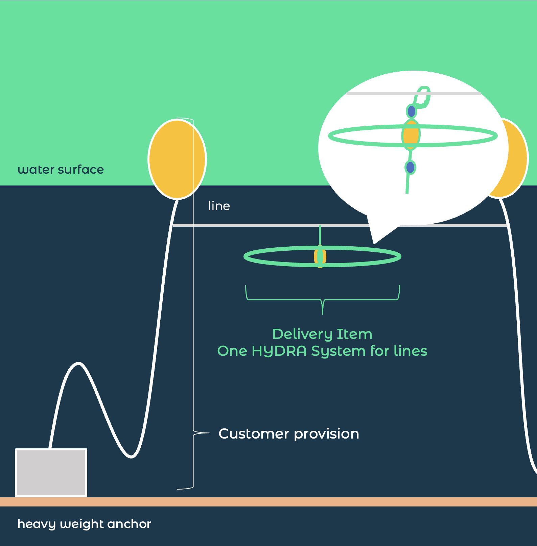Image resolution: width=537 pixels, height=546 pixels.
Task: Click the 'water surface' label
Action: click(x=61, y=170)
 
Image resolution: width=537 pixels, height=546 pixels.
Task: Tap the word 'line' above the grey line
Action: click(x=219, y=206)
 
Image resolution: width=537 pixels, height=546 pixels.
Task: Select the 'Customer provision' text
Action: click(x=289, y=433)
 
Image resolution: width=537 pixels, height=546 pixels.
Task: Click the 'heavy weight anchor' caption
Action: click(x=84, y=524)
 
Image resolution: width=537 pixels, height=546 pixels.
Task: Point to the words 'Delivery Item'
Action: click(x=322, y=334)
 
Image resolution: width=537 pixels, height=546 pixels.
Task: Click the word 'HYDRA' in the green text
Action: click(x=279, y=351)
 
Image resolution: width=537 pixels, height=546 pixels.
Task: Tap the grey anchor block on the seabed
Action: click(x=51, y=473)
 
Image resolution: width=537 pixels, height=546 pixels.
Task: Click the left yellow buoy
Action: click(x=177, y=159)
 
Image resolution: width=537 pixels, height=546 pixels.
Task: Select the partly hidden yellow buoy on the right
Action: click(x=517, y=159)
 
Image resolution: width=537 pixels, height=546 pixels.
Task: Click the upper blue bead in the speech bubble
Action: click(x=411, y=111)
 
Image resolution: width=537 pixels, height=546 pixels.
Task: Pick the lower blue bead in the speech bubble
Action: click(x=410, y=167)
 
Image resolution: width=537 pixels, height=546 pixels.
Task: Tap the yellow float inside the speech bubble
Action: click(x=411, y=134)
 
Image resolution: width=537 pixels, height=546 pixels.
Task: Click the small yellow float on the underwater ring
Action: click(x=320, y=256)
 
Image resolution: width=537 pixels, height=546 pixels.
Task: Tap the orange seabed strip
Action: click(x=268, y=502)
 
